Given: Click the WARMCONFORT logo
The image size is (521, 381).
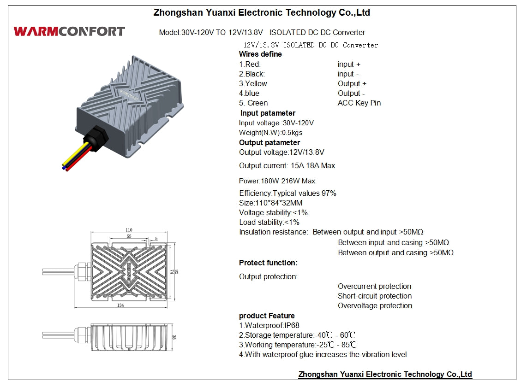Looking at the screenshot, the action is pyautogui.click(x=69, y=31).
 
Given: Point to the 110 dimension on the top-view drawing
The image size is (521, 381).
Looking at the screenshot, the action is pyautogui.click(x=129, y=230).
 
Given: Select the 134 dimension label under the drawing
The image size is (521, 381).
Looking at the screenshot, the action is pyautogui.click(x=120, y=305).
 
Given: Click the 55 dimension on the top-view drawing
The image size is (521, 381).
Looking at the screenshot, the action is pyautogui.click(x=129, y=236).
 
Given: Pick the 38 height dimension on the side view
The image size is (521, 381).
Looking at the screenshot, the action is pyautogui.click(x=174, y=337).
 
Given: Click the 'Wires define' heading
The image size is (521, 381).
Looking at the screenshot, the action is pyautogui.click(x=260, y=54).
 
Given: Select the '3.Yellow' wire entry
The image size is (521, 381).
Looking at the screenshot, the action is pyautogui.click(x=253, y=83).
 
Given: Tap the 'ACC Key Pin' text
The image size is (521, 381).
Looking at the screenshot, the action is pyautogui.click(x=359, y=103).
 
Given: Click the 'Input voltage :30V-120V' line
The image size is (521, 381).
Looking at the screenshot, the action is pyautogui.click(x=276, y=123).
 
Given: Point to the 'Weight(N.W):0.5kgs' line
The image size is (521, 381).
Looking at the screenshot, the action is pyautogui.click(x=270, y=133).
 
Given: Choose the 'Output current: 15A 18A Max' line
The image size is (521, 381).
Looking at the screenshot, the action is pyautogui.click(x=287, y=165).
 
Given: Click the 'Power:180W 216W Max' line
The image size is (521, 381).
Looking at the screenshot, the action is pyautogui.click(x=277, y=181).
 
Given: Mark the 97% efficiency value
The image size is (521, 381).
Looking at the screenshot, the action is pyautogui.click(x=329, y=193).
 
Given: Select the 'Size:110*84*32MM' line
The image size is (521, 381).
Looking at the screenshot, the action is pyautogui.click(x=271, y=203).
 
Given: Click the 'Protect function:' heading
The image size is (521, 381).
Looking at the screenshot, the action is pyautogui.click(x=268, y=263).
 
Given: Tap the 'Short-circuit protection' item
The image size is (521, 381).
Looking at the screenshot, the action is pyautogui.click(x=375, y=296).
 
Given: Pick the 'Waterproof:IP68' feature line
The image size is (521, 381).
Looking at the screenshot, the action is pyautogui.click(x=269, y=325).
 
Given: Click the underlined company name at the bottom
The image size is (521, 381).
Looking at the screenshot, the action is pyautogui.click(x=385, y=374).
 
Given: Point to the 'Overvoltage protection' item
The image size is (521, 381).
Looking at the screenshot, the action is pyautogui.click(x=375, y=305).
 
